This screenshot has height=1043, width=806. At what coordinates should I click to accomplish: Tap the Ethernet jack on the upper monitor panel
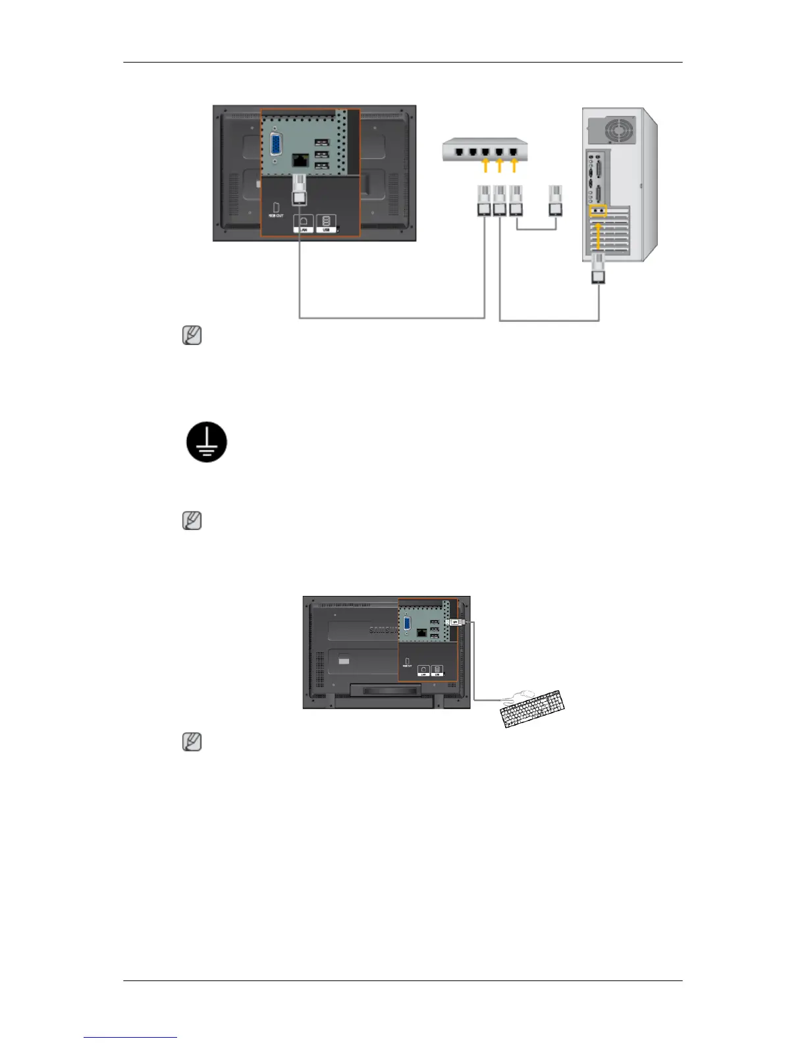pyautogui.click(x=300, y=160)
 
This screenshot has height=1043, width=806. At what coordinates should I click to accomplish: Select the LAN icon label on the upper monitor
pyautogui.click(x=303, y=223)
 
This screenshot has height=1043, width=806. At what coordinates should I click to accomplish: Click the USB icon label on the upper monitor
pyautogui.click(x=326, y=223)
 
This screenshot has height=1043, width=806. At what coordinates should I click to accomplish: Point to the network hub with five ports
pyautogui.click(x=485, y=150)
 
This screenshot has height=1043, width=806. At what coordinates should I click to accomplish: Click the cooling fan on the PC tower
pyautogui.click(x=617, y=129)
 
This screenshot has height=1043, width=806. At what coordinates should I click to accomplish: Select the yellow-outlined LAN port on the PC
pyautogui.click(x=598, y=211)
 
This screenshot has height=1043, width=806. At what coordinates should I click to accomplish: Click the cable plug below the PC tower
pyautogui.click(x=599, y=270)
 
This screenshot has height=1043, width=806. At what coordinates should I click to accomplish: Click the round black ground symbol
pyautogui.click(x=207, y=442)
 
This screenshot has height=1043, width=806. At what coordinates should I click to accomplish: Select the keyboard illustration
pyautogui.click(x=533, y=709)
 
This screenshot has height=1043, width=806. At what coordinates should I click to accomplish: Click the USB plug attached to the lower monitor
pyautogui.click(x=456, y=622)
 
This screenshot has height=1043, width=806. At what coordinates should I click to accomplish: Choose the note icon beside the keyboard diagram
pyautogui.click(x=192, y=742)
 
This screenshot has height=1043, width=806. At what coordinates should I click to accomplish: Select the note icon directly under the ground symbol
pyautogui.click(x=192, y=521)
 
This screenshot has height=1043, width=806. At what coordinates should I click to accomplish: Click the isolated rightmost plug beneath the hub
pyautogui.click(x=556, y=201)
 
